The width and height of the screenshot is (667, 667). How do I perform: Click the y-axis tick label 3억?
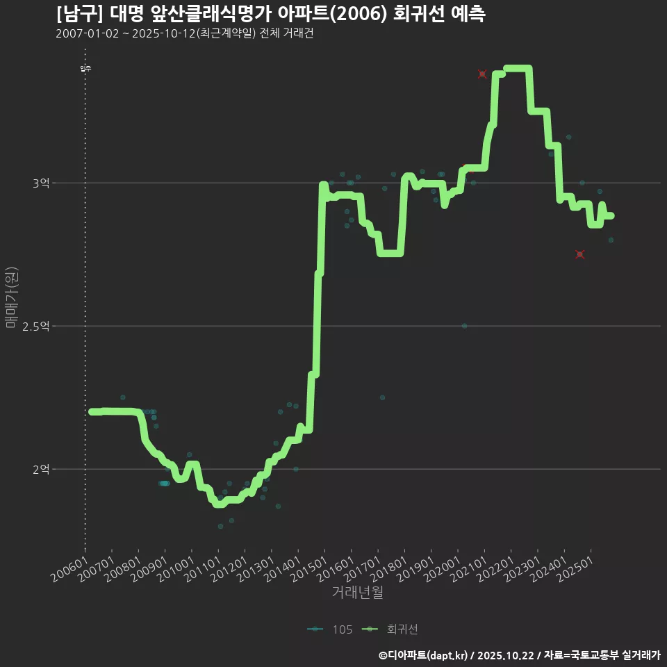pyautogui.click(x=40, y=183)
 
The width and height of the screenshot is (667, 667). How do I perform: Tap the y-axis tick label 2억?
pyautogui.click(x=40, y=470)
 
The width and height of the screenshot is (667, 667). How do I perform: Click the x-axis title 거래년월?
pyautogui.click(x=357, y=593)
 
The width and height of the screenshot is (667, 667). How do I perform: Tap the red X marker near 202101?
pyautogui.click(x=482, y=74)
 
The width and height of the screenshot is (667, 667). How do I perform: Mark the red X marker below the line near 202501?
pyautogui.click(x=580, y=254)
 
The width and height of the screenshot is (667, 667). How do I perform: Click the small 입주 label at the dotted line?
pyautogui.click(x=85, y=68)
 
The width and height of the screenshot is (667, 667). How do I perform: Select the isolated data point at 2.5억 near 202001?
pyautogui.click(x=464, y=326)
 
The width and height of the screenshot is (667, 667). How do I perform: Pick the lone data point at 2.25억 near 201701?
pyautogui.click(x=382, y=397)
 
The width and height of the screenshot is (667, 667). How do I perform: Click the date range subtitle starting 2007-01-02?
pyautogui.click(x=184, y=34)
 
